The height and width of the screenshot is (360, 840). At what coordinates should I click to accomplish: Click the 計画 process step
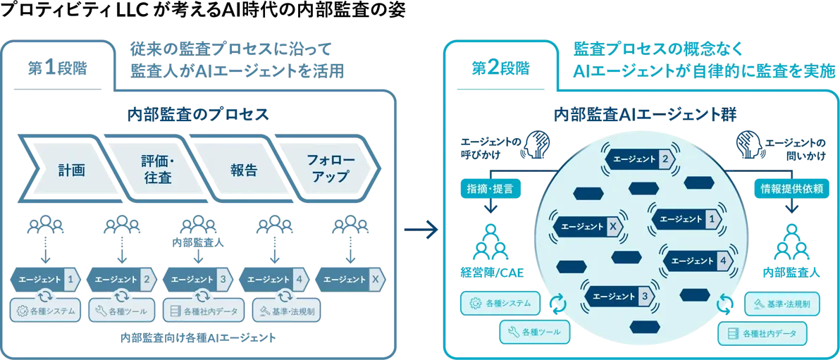(x=70, y=170)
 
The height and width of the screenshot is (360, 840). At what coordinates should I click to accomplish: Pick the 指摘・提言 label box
(x=490, y=188)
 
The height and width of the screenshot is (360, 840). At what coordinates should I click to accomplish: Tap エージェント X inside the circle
(x=589, y=226)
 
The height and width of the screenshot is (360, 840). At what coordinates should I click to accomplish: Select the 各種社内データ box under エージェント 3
(x=204, y=310)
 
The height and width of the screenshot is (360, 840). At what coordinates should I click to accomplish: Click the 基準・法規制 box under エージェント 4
(x=285, y=310)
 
